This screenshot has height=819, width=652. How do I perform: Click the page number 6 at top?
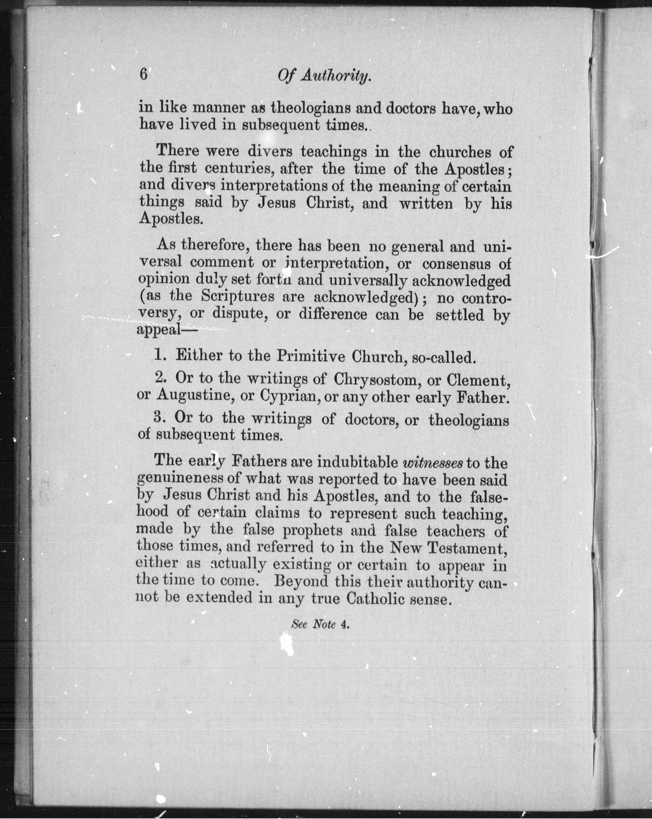click(143, 74)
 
